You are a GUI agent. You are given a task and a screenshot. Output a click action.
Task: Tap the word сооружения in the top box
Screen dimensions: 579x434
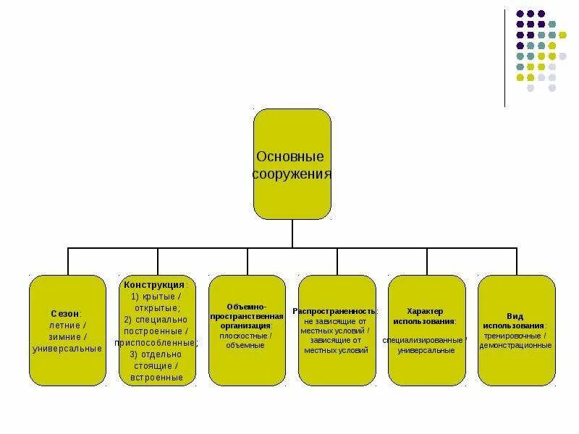pos(292,174)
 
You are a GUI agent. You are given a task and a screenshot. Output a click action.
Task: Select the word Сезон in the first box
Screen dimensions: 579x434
pos(65,314)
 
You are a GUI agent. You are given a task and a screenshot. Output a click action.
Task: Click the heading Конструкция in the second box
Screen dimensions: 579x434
pos(153,285)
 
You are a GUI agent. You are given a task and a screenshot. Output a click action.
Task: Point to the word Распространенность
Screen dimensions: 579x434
pos(334,310)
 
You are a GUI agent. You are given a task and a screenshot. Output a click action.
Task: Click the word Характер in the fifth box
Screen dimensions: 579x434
pos(425,311)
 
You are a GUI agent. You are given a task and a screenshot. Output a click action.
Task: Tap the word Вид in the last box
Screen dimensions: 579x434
pos(515,316)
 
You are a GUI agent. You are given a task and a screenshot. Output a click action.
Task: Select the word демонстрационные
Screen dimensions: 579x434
pos(515,345)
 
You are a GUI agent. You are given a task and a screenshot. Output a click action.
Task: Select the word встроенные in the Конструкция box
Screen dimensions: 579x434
pos(157,378)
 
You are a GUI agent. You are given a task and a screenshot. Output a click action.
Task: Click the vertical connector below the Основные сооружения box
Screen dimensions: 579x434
pos(292,234)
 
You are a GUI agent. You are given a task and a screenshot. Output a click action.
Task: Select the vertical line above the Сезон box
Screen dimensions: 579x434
pos(68,261)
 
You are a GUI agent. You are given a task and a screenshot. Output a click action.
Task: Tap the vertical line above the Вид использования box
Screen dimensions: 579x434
pos(517,261)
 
